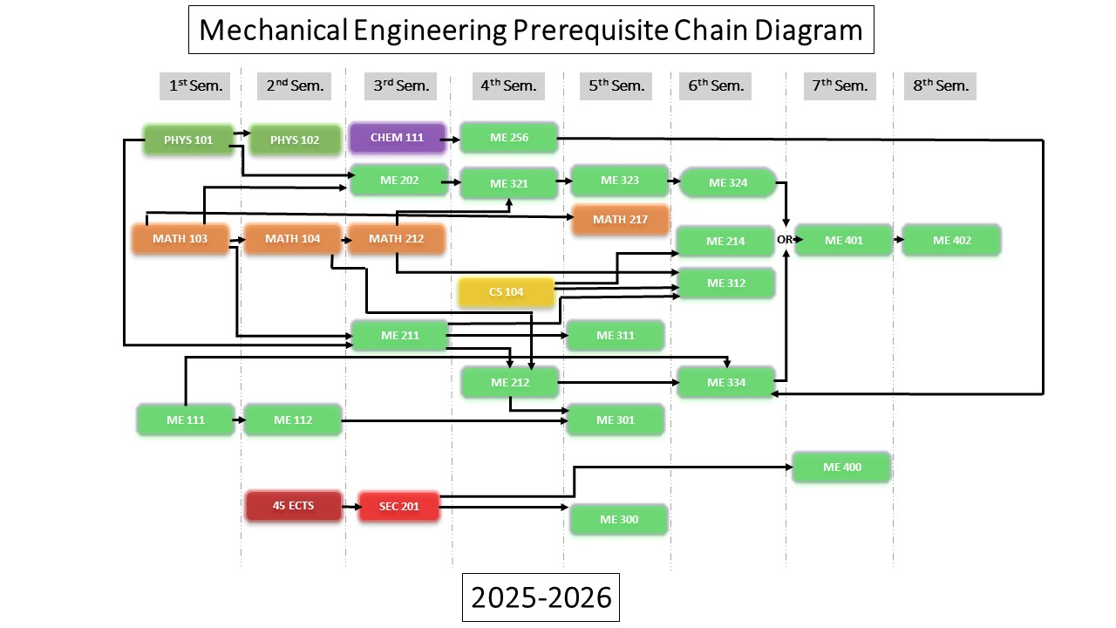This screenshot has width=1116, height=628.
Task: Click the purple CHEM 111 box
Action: (397, 138)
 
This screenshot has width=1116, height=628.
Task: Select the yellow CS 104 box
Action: (507, 291)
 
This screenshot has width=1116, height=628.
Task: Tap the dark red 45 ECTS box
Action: (294, 506)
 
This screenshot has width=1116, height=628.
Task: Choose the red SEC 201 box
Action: (399, 507)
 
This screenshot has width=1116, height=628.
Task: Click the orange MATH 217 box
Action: (620, 219)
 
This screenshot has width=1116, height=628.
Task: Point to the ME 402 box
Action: (951, 240)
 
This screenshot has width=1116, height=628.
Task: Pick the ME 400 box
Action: (842, 467)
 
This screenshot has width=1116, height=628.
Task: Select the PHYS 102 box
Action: (295, 140)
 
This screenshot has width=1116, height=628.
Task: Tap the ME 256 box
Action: (508, 138)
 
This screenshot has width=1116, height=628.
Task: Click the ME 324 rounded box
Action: (728, 183)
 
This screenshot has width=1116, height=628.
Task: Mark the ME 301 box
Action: (616, 420)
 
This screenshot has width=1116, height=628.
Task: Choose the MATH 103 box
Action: (180, 239)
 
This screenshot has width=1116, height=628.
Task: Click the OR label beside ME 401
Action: (784, 240)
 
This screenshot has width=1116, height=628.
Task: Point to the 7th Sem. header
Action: (840, 86)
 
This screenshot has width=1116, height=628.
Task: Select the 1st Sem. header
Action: (194, 86)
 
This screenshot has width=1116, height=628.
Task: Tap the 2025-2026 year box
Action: (541, 597)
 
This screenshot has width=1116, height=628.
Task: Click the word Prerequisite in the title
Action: (590, 30)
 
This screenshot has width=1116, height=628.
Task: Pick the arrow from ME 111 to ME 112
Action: (240, 420)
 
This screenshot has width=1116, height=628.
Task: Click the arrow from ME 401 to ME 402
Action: (898, 240)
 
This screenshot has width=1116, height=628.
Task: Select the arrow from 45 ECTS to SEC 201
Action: (351, 507)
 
